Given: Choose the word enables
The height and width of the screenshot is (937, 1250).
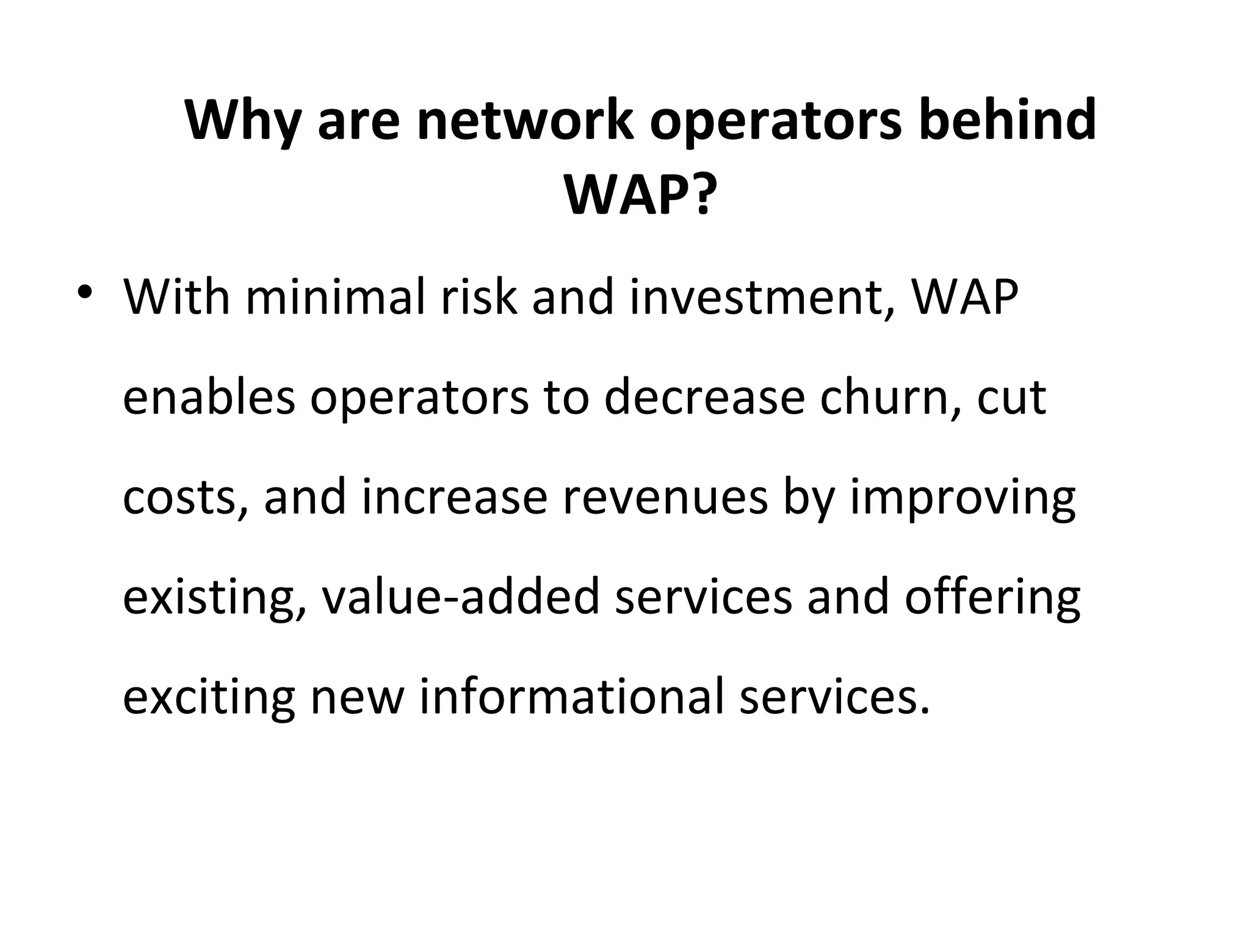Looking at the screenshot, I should click(208, 398).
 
